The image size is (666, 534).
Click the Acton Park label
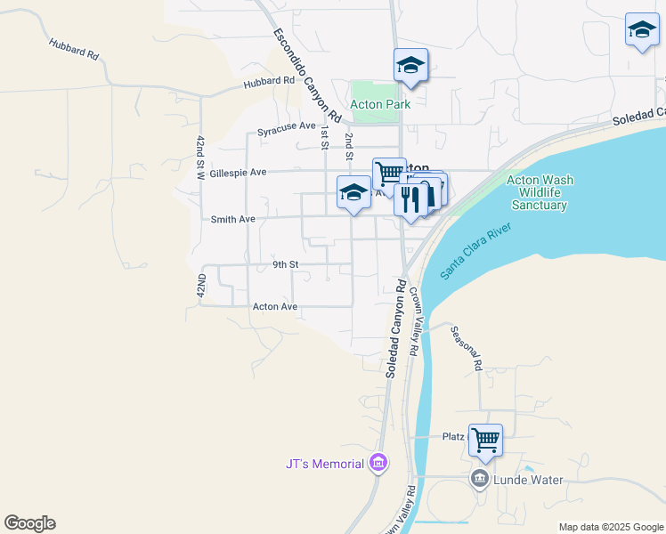[380, 104]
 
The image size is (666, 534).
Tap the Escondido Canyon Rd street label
[307, 75]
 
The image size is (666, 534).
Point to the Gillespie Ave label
[238, 172]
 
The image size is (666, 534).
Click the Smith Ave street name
[232, 218]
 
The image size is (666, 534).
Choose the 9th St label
[285, 264]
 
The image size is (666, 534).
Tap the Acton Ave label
[274, 306]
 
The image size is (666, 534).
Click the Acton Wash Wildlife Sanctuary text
[540, 192]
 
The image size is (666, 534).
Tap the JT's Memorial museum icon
[378, 464]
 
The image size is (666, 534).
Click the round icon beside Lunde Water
[481, 480]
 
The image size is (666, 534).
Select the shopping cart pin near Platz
[485, 439]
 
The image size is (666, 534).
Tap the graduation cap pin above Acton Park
[410, 65]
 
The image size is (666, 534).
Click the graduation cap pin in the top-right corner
[642, 30]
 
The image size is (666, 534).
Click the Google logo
[29, 523]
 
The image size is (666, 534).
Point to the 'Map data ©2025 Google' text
[610, 527]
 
